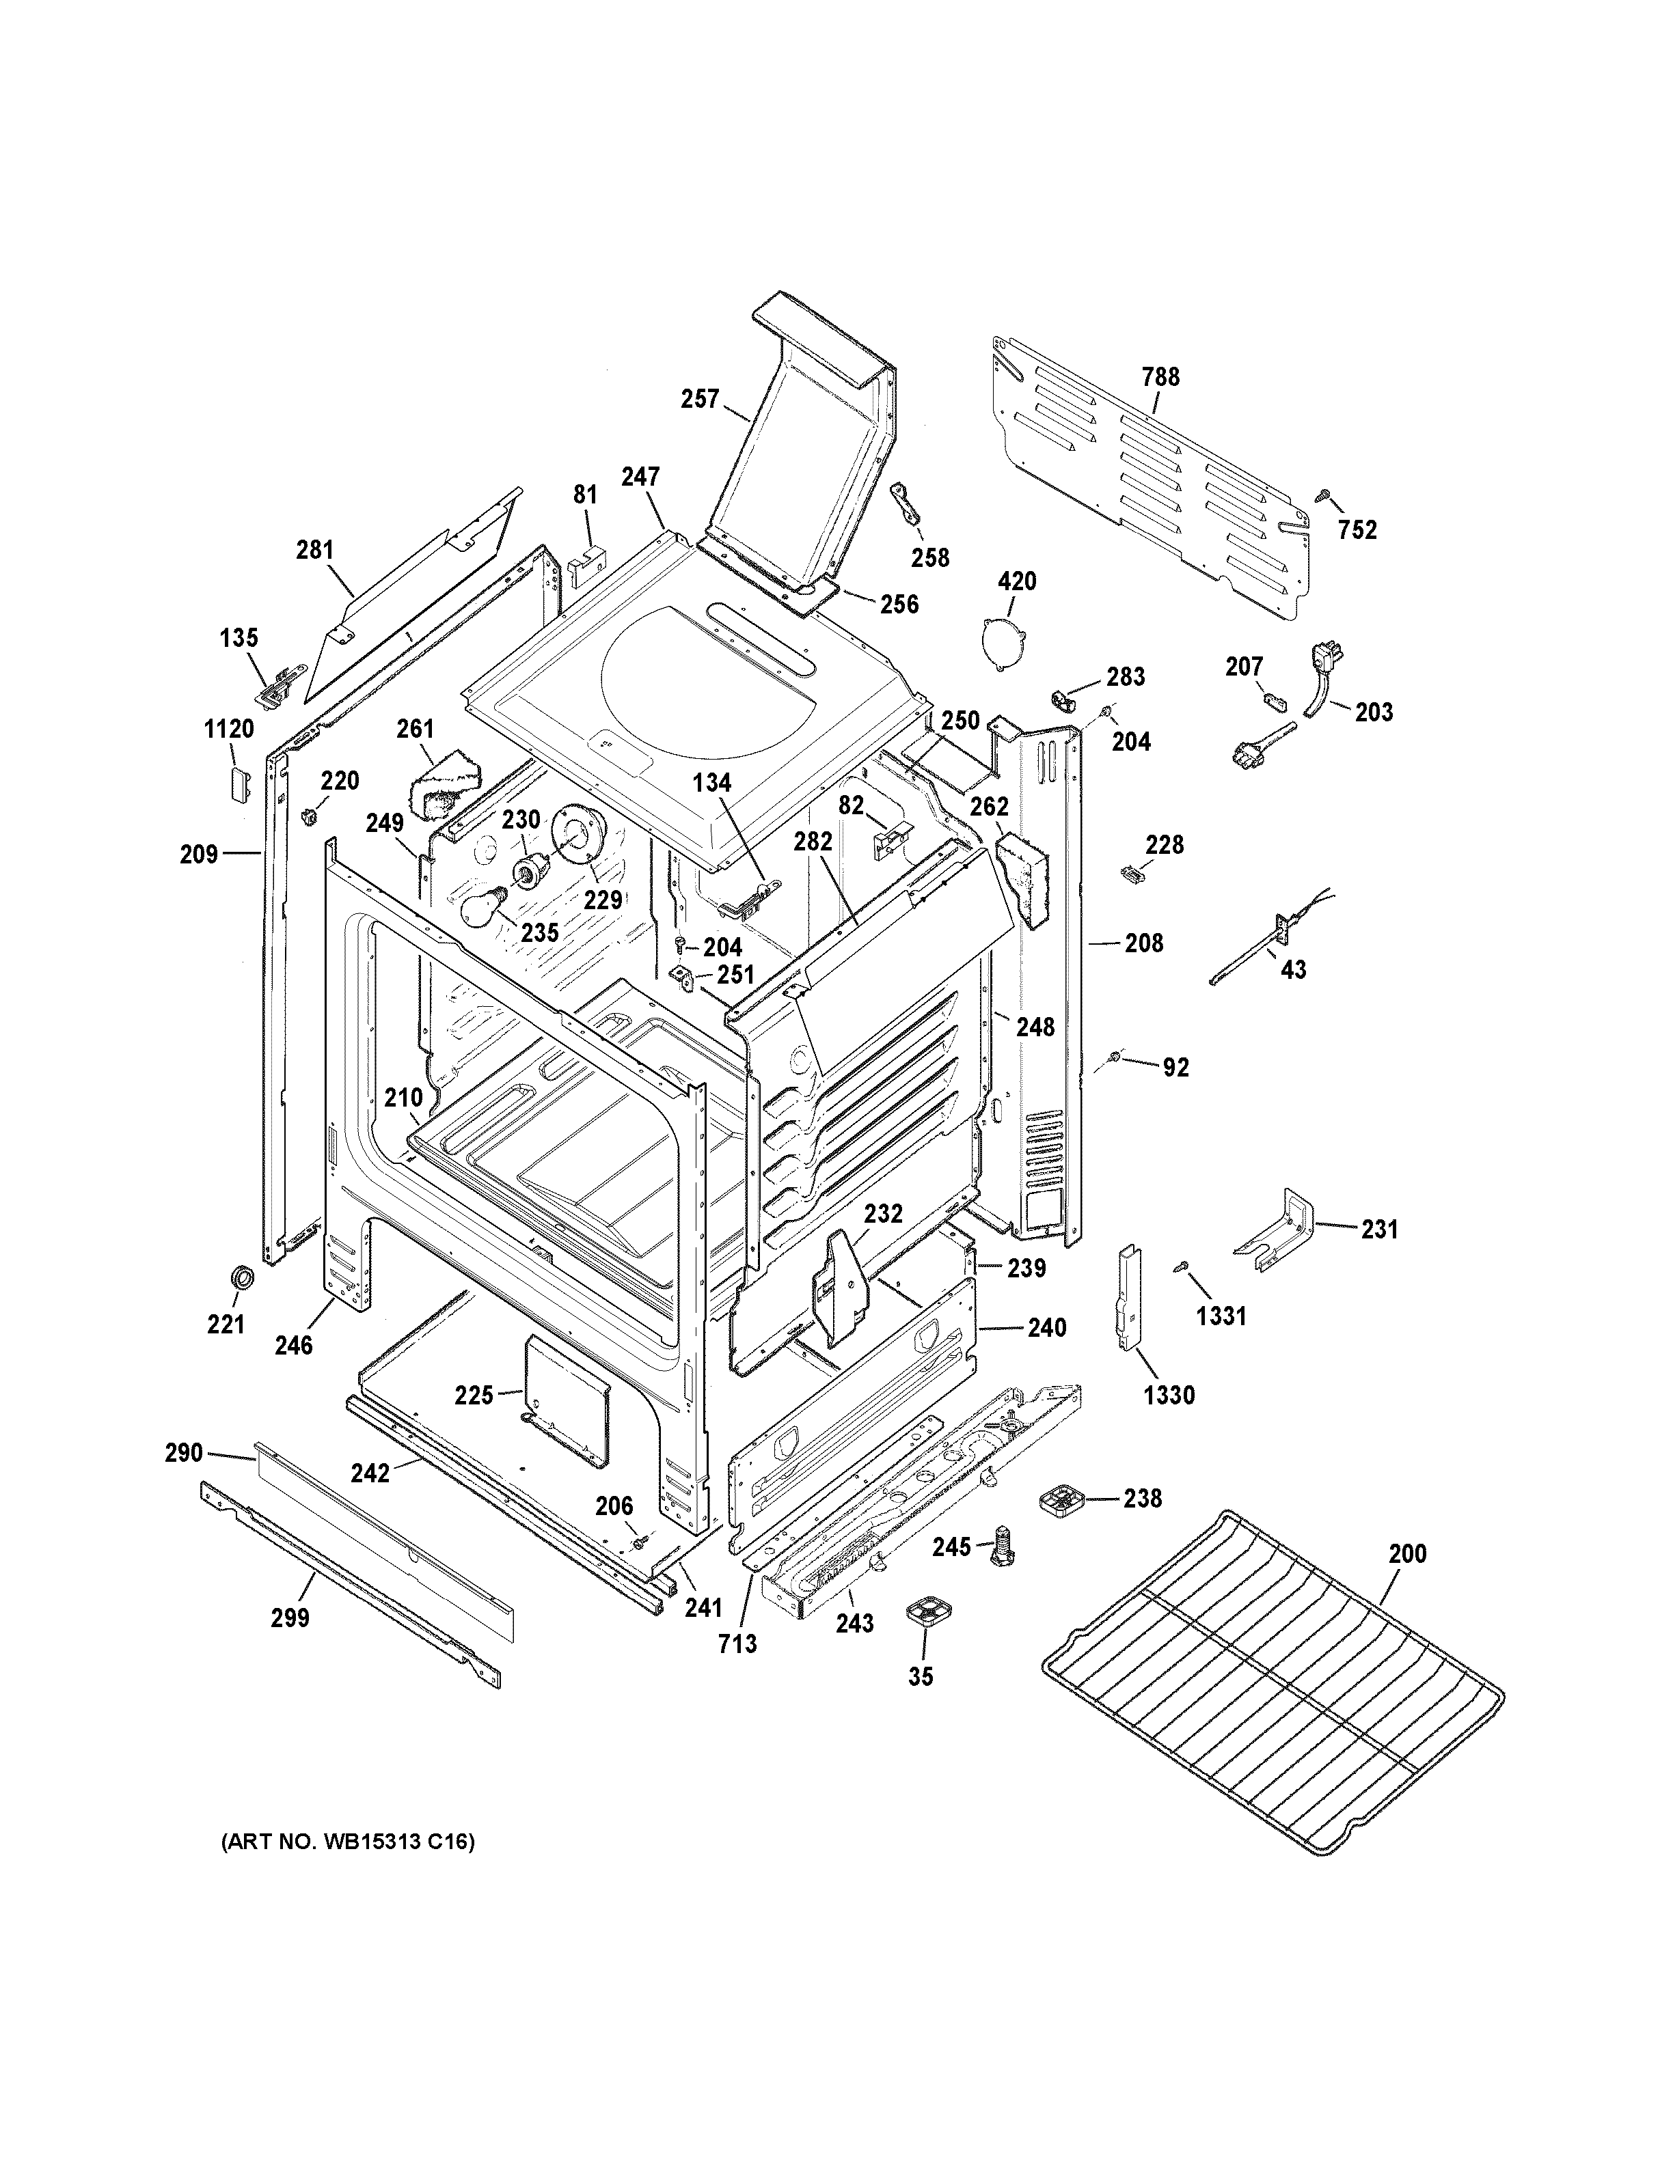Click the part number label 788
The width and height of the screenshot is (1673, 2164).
pyautogui.click(x=1160, y=376)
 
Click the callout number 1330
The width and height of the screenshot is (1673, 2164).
pyautogui.click(x=1169, y=1395)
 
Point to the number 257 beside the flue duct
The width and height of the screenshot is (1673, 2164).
pyautogui.click(x=700, y=400)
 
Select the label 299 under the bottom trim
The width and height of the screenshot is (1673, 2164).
pyautogui.click(x=290, y=1618)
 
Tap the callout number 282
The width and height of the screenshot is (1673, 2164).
pyautogui.click(x=813, y=842)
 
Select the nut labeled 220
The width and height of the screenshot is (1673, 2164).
pyautogui.click(x=308, y=814)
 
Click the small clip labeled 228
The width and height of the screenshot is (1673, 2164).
pyautogui.click(x=1130, y=871)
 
